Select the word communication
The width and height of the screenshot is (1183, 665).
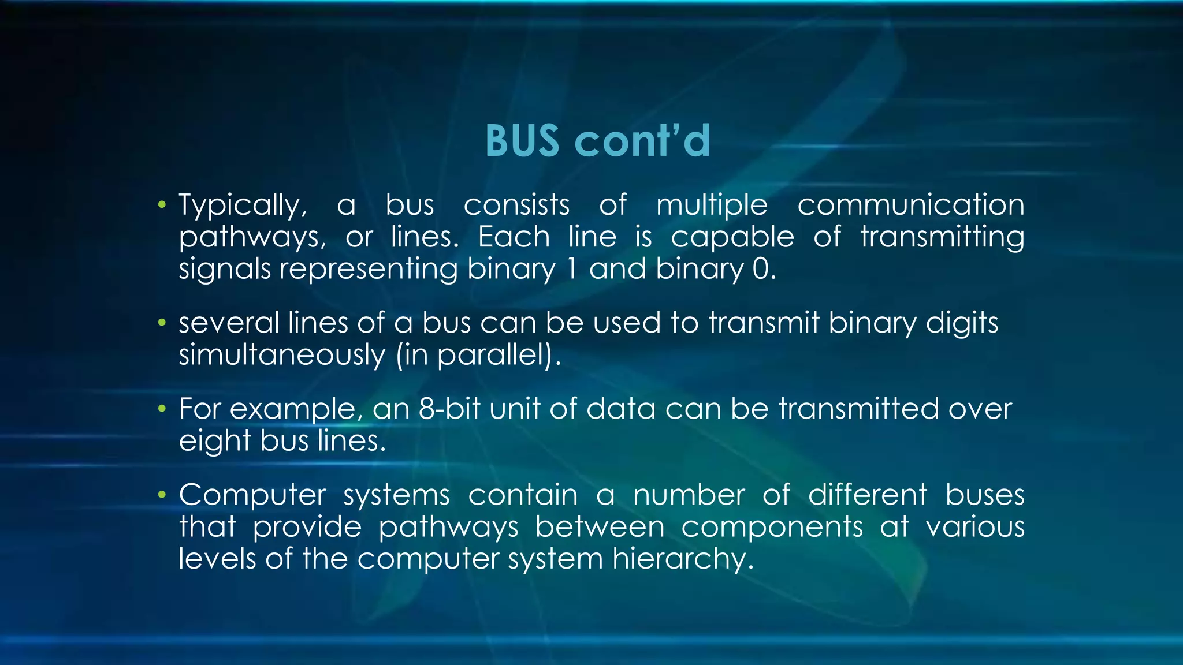tap(911, 205)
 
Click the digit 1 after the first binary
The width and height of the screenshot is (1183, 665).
tap(572, 269)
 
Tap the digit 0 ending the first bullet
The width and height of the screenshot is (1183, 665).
tap(760, 269)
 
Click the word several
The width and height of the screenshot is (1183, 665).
tap(229, 323)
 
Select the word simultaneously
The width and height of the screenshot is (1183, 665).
tap(282, 355)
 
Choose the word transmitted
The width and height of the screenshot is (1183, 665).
tap(858, 409)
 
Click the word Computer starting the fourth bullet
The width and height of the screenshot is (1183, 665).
tap(252, 495)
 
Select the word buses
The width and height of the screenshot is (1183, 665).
tap(985, 495)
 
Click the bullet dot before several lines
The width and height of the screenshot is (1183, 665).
tap(162, 323)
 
